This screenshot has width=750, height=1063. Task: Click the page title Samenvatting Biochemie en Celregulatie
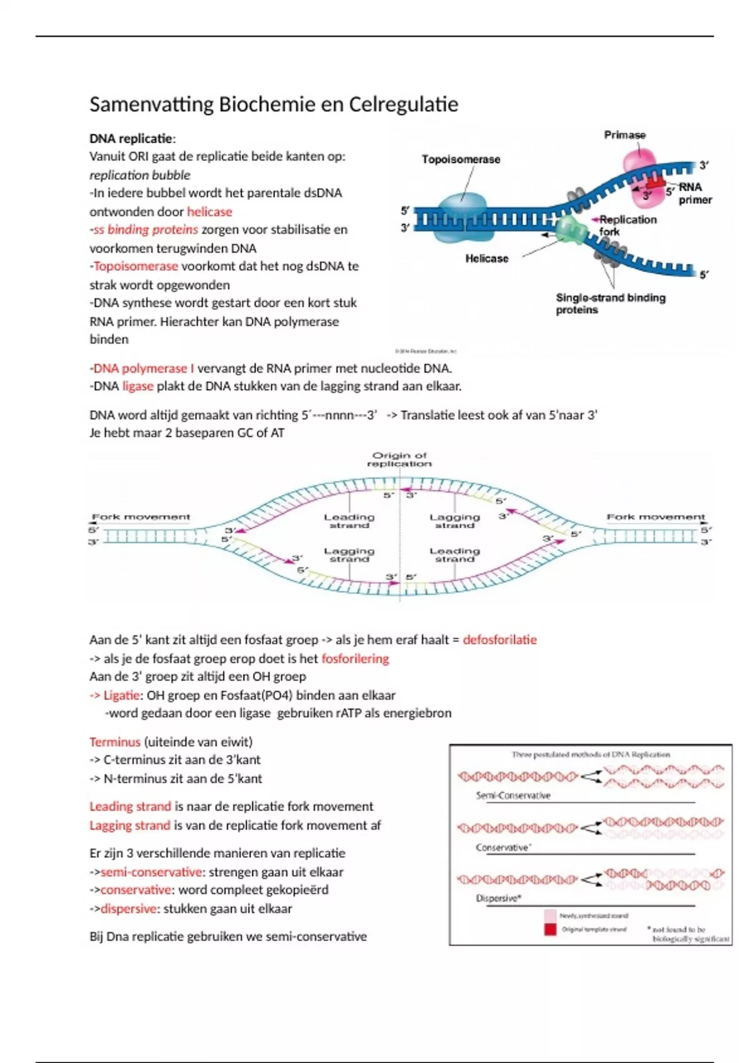click(274, 104)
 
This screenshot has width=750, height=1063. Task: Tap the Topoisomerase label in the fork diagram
click(461, 159)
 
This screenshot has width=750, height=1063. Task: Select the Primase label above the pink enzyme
click(624, 135)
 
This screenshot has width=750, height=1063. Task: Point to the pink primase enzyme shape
click(639, 164)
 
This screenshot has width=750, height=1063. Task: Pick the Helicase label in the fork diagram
click(486, 258)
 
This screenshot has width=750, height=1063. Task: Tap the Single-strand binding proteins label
click(610, 304)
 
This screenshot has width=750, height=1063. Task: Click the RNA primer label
click(695, 193)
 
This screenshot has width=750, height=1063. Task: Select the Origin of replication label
click(399, 460)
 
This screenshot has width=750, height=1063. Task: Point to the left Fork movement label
click(141, 517)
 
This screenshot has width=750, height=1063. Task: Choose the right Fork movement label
click(656, 517)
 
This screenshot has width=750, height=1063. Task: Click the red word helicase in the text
click(209, 212)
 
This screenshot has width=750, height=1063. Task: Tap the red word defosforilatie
click(499, 640)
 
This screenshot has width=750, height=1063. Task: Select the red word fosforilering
click(355, 658)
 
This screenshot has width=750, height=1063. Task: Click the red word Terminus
click(115, 742)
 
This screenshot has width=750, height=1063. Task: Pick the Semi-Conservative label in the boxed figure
click(513, 796)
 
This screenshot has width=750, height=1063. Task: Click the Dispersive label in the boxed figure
click(498, 899)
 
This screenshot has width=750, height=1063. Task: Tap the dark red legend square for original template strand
click(550, 930)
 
